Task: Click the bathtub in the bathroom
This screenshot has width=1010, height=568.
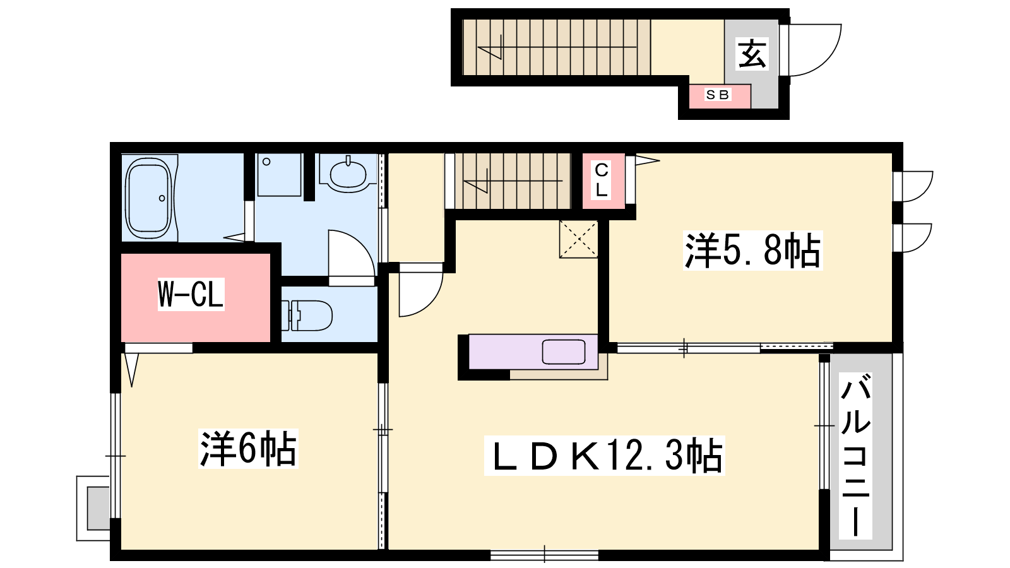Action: point(149,198)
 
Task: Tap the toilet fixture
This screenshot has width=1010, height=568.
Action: point(307,316)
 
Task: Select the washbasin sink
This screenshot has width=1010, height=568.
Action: point(348,173)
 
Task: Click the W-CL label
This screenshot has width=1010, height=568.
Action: point(191,295)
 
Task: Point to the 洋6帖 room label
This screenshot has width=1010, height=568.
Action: point(249,449)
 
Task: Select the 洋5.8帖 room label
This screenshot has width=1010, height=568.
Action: point(752,251)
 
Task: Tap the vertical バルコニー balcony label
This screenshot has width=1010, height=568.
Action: point(855,455)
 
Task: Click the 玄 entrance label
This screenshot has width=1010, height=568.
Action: point(751,54)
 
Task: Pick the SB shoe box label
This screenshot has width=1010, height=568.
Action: point(718,95)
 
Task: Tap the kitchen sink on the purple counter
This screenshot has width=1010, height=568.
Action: point(564,352)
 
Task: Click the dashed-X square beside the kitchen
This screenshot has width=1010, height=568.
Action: point(578,239)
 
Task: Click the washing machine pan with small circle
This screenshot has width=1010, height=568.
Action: point(279,175)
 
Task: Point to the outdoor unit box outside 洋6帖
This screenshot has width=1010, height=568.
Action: point(93,508)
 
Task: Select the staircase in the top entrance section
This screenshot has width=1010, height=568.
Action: point(556,47)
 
